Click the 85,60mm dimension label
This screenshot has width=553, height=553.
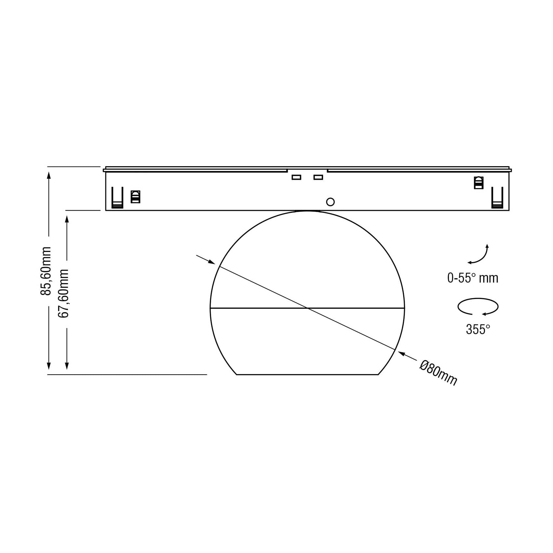coord(46,271)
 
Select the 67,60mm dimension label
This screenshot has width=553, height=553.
coord(63,293)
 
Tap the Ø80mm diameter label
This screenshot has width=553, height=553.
coord(438,373)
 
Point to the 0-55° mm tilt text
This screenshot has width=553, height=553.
coord(473,278)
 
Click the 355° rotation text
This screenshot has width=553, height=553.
coord(478,330)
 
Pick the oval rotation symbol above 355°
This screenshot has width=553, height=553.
coord(478,307)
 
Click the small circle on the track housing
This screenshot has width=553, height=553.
coord(330,202)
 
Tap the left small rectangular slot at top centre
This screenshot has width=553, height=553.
coord(296,177)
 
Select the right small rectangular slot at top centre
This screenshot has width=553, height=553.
coord(318,177)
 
